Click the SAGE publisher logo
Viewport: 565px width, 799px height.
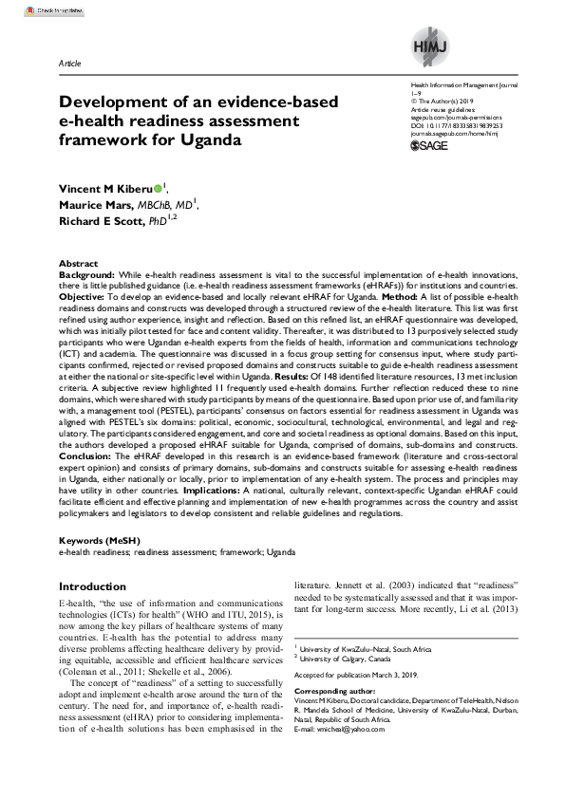point(428,146)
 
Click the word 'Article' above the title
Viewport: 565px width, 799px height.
point(69,63)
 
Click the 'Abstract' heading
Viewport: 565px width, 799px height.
point(78,262)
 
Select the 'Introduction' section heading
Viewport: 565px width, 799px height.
point(92,586)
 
